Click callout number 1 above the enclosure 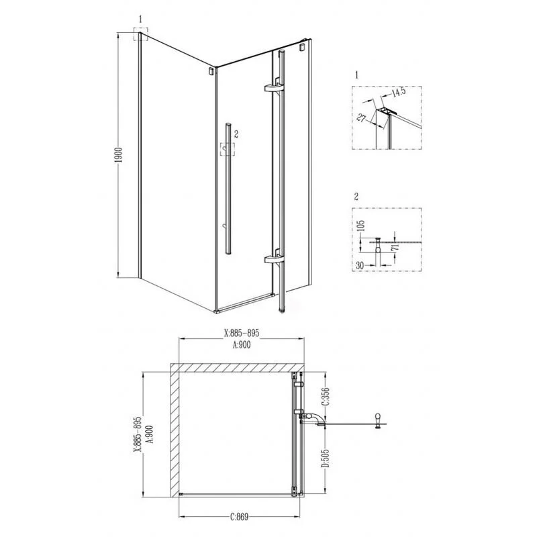140,19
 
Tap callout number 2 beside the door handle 236,134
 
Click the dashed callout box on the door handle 228,149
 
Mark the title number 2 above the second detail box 355,198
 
